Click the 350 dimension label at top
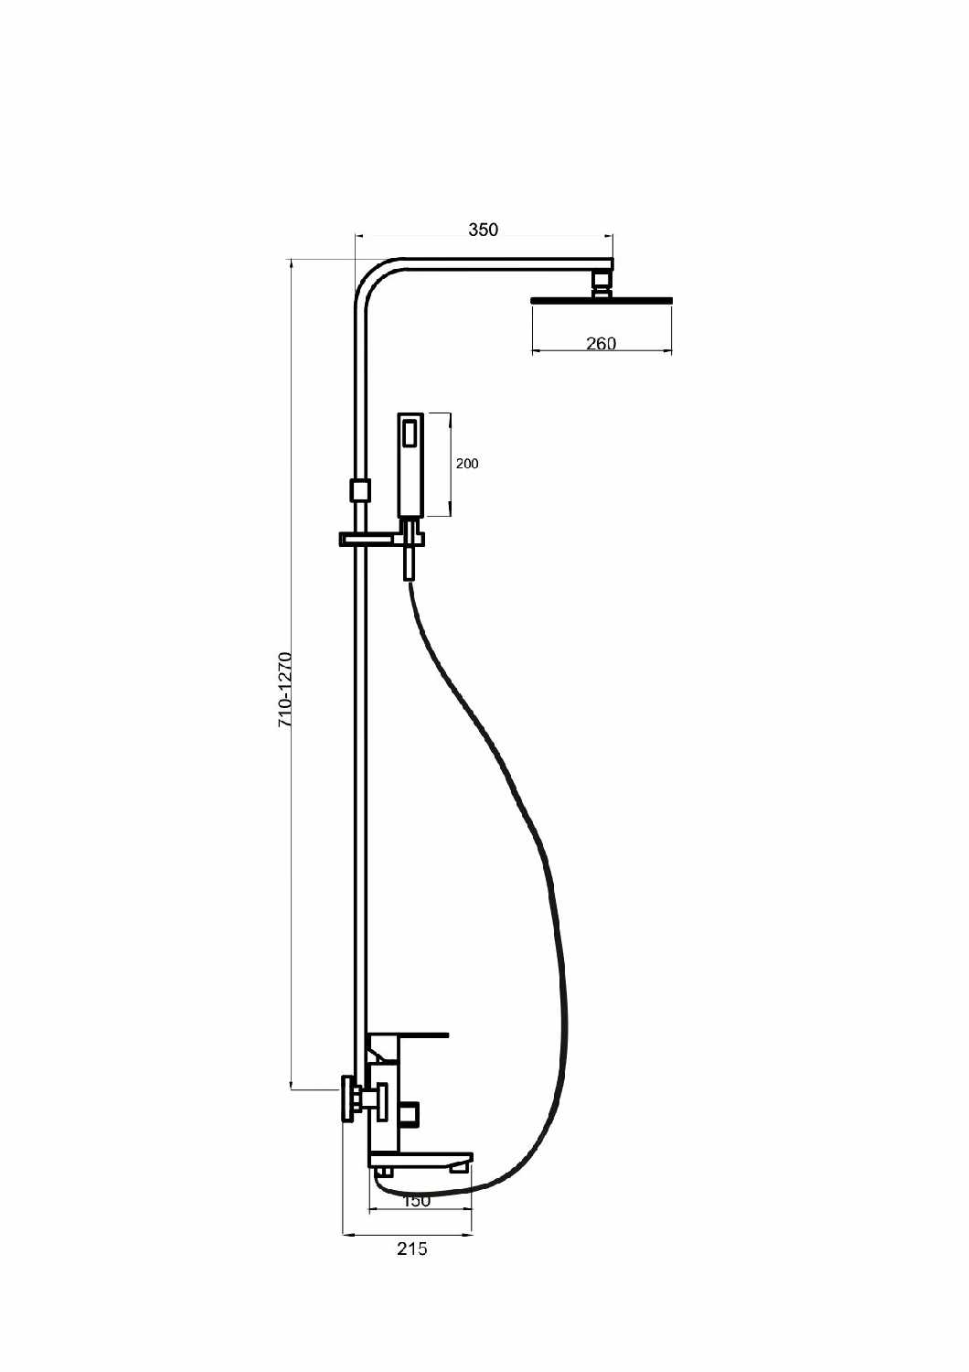point(483,230)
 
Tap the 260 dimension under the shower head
point(602,344)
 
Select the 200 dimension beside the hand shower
point(467,464)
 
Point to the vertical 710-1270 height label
point(286,690)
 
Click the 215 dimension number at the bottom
point(412,1249)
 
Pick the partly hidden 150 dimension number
point(416,1201)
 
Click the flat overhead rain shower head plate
point(602,300)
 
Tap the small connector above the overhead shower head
point(602,284)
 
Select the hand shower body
point(410,465)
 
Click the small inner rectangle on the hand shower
point(410,432)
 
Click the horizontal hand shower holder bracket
point(381,539)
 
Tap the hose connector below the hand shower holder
point(409,563)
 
